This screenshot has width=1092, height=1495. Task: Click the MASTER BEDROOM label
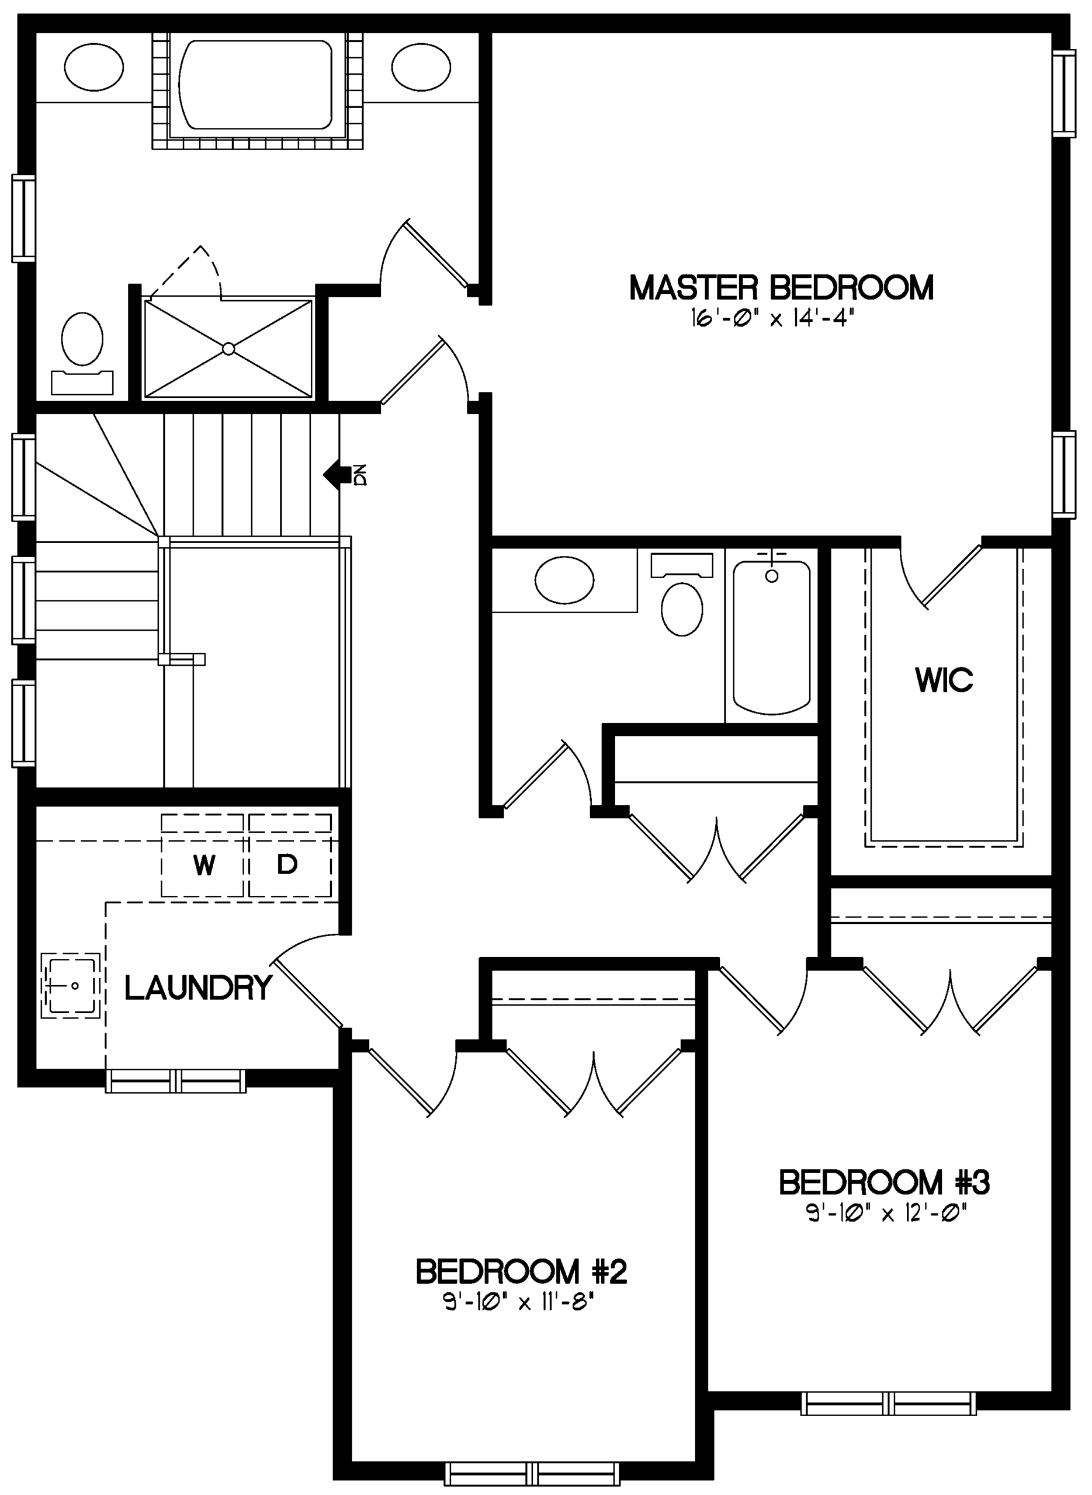(781, 288)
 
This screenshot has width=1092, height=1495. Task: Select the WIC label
(944, 680)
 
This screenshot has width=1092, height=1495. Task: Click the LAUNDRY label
(198, 988)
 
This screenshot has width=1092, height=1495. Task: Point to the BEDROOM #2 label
(521, 1271)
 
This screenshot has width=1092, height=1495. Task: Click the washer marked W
(203, 856)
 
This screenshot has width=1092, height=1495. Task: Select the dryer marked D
(290, 856)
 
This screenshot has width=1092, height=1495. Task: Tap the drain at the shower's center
(228, 348)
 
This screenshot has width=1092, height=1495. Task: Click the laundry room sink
(71, 986)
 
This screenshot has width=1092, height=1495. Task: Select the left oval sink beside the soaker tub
(94, 67)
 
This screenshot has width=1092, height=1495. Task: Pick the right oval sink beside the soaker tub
(421, 67)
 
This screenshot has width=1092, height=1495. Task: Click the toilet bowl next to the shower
(82, 338)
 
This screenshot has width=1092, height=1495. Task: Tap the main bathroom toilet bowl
(682, 609)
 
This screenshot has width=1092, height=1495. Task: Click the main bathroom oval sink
(564, 580)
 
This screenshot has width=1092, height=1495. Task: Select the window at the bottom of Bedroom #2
(533, 1474)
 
